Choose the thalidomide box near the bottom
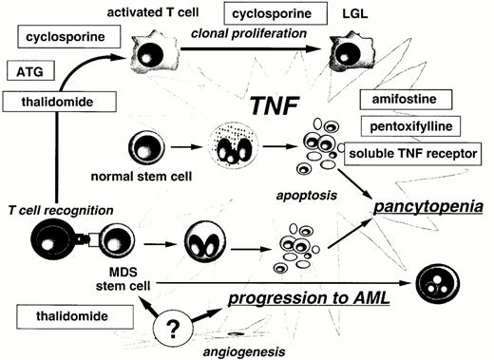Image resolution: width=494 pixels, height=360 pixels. [57, 313]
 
